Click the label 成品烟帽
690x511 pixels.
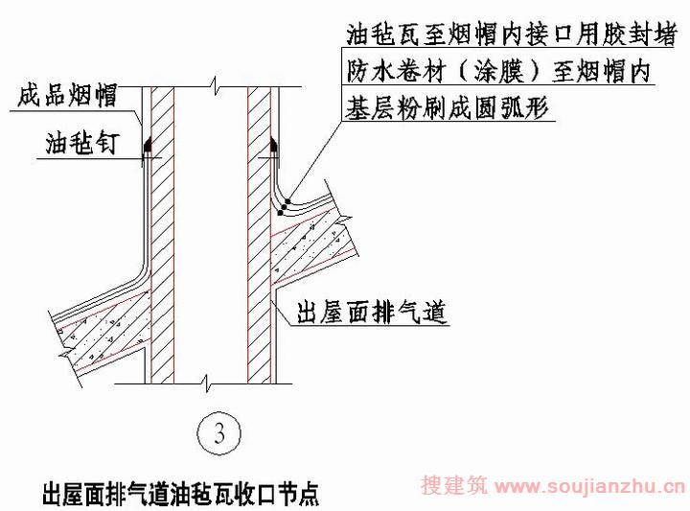(67, 96)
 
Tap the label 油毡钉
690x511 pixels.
(81, 143)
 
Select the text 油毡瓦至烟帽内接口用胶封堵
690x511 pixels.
(511, 34)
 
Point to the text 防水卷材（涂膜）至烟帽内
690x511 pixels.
(498, 71)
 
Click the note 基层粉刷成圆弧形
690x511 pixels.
(448, 107)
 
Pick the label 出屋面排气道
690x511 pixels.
(372, 313)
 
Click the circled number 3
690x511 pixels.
(219, 432)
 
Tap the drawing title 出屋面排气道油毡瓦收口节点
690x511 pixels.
(180, 494)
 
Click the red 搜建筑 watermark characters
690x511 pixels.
(454, 485)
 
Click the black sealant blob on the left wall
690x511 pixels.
(148, 145)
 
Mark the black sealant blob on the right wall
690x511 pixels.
(274, 145)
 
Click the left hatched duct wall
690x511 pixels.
(162, 235)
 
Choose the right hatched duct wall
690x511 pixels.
(259, 235)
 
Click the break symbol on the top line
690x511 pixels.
(215, 86)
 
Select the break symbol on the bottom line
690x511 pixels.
(207, 383)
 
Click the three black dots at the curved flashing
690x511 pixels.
(285, 205)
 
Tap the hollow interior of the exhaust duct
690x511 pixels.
(211, 235)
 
